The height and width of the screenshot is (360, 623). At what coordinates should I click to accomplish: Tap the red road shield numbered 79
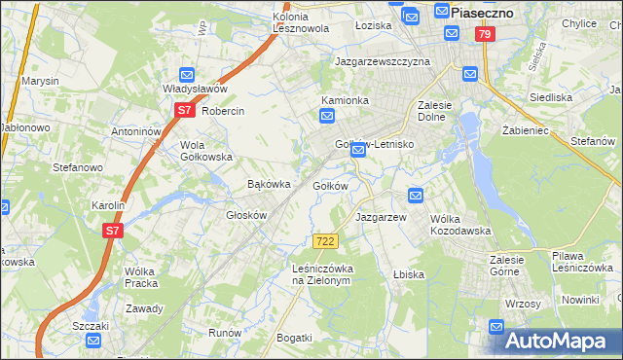(x=485, y=34)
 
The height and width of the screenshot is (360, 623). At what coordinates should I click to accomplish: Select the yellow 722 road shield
(x=326, y=240)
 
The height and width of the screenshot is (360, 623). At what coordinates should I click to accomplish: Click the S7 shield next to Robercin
(x=185, y=111)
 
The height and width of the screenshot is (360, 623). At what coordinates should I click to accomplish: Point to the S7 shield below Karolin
(x=114, y=231)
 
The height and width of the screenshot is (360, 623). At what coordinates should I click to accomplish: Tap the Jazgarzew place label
(x=381, y=217)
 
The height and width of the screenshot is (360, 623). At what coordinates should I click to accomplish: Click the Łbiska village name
(x=408, y=274)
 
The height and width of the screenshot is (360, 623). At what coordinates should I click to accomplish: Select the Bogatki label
(x=294, y=338)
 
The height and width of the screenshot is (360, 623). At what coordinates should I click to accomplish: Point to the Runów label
(x=225, y=332)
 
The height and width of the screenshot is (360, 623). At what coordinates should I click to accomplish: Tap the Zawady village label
(x=144, y=308)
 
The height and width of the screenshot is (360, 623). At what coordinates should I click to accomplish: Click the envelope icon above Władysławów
(x=188, y=74)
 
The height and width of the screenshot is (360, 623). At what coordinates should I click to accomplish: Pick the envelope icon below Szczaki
(x=92, y=341)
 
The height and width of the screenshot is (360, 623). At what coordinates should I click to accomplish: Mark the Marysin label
(x=40, y=81)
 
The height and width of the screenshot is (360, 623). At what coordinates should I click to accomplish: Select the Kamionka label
(x=346, y=100)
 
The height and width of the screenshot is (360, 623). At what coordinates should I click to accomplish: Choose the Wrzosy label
(x=523, y=304)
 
